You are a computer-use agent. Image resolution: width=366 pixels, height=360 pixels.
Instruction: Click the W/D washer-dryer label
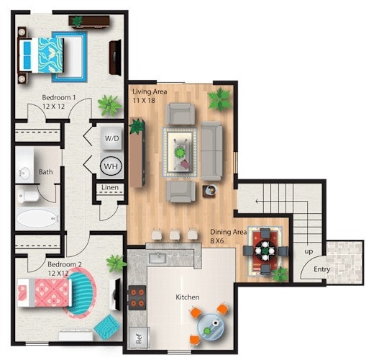[111, 138]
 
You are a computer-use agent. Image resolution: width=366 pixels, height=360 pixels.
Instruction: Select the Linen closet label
[110, 188]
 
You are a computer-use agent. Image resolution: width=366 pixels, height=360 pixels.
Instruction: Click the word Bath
[45, 172]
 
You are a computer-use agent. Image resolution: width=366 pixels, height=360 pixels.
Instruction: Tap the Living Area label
[149, 91]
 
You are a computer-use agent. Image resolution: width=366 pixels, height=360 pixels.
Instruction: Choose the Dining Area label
[229, 233]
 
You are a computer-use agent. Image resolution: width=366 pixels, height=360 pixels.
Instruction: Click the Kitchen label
[188, 297]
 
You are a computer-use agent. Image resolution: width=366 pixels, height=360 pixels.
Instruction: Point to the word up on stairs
[308, 251]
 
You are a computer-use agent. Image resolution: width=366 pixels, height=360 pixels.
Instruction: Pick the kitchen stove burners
[136, 299]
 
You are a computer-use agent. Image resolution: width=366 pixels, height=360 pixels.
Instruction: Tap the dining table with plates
[265, 251]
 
